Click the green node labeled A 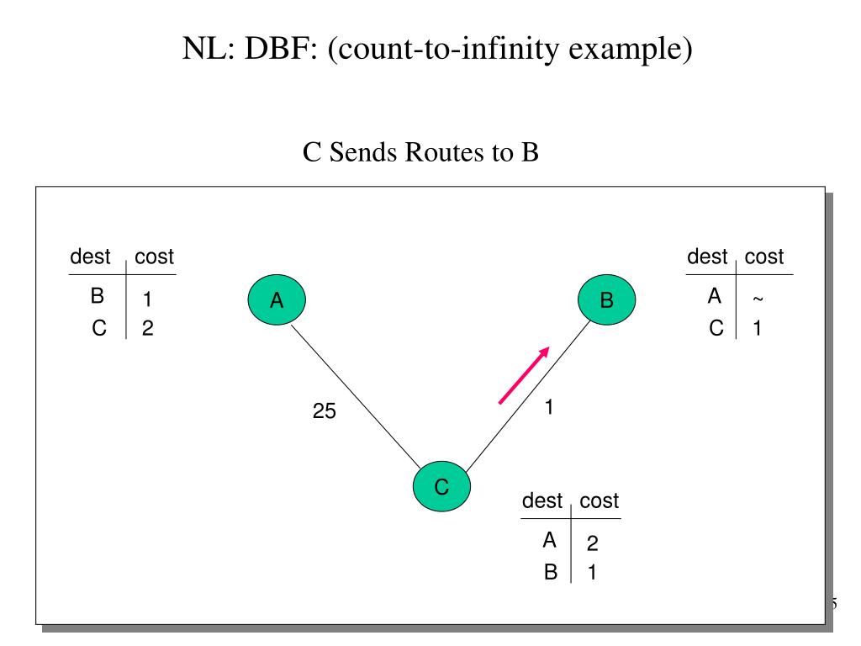(277, 301)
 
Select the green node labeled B (607, 301)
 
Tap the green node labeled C (441, 486)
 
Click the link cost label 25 (324, 412)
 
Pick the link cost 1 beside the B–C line (548, 407)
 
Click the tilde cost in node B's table (758, 299)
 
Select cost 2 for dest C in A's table (147, 329)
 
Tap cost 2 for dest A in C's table (592, 544)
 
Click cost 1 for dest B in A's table (146, 299)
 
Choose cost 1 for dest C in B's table (758, 329)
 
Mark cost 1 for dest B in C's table (592, 573)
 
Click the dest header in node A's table (91, 257)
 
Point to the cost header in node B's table (763, 257)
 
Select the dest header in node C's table (542, 501)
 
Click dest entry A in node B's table (716, 296)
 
